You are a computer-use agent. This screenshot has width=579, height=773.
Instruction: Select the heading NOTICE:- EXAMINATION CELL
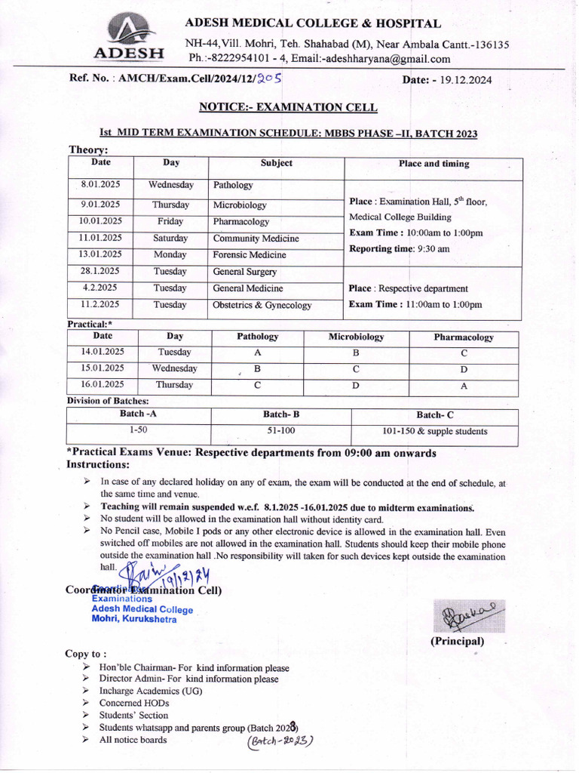click(x=289, y=107)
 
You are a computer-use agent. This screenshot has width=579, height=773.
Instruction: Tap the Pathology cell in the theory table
click(x=233, y=185)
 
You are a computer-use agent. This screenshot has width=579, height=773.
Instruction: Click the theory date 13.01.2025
click(x=101, y=254)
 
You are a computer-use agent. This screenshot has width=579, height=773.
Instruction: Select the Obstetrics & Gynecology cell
click(x=262, y=305)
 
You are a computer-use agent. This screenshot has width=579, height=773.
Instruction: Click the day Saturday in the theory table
click(x=170, y=239)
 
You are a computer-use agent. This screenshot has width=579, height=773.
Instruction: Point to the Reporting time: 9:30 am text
click(x=400, y=249)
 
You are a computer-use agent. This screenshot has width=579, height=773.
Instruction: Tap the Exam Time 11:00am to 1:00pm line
click(x=415, y=305)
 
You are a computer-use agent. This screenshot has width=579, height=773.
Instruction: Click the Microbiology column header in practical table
click(x=356, y=337)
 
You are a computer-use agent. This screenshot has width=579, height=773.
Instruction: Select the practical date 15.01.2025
click(x=103, y=368)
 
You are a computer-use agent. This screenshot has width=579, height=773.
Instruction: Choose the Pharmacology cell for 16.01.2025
click(x=464, y=386)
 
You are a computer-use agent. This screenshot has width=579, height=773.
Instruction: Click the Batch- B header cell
click(x=281, y=414)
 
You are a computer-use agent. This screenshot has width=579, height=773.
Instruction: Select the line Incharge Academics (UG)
click(x=151, y=691)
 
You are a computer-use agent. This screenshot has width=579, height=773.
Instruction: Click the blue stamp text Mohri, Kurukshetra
click(x=134, y=620)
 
